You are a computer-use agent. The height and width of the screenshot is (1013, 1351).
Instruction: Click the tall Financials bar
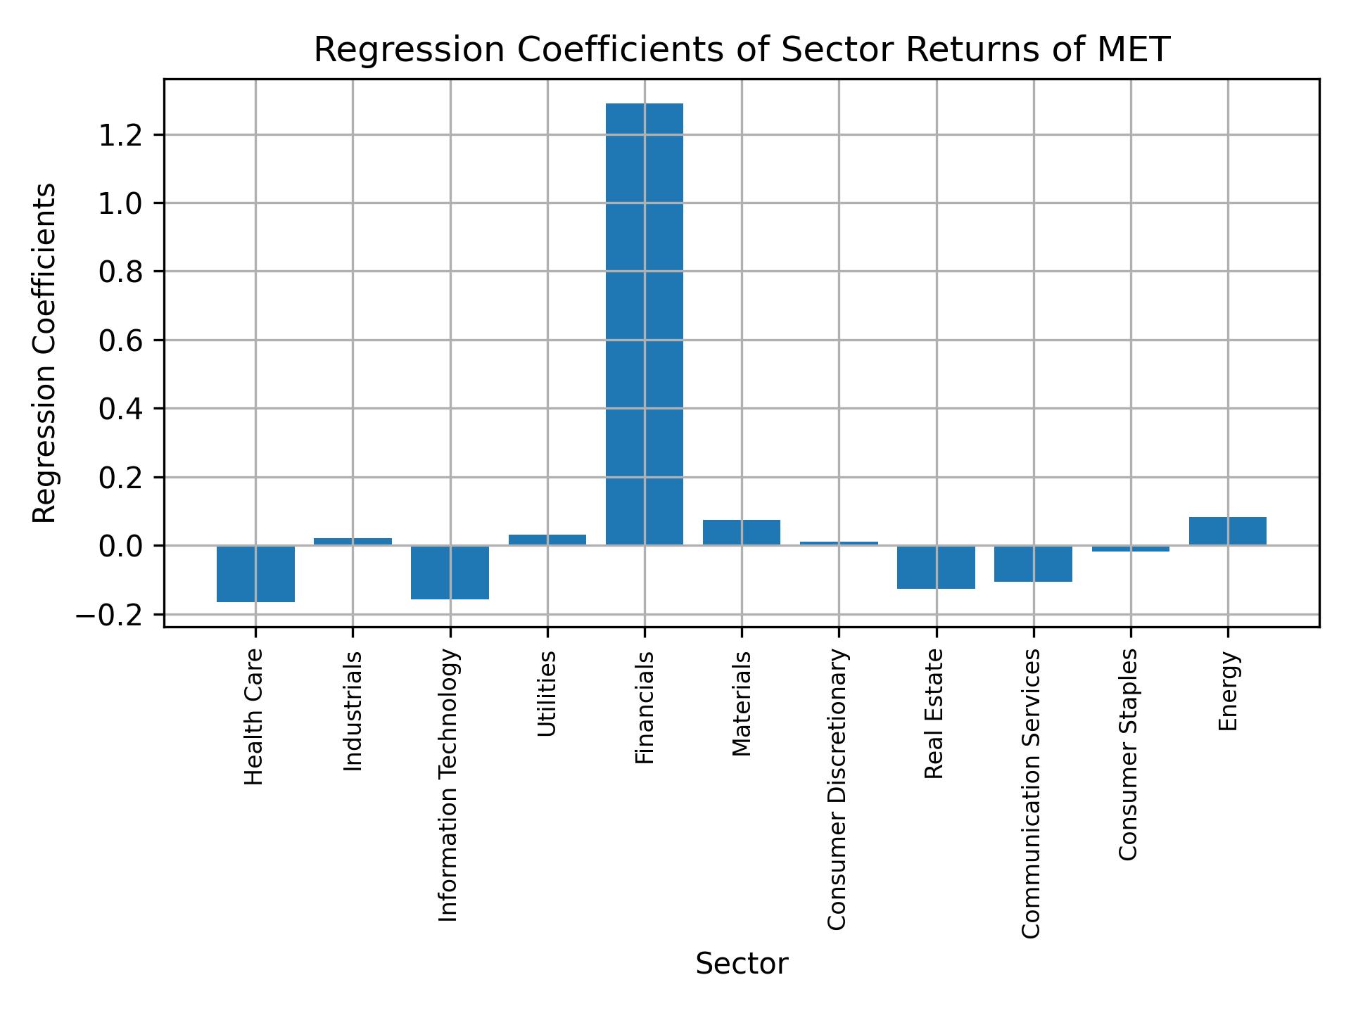coord(644,324)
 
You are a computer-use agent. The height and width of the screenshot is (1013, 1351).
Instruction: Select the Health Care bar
coord(255,573)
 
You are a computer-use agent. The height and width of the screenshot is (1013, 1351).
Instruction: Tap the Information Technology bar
coord(450,572)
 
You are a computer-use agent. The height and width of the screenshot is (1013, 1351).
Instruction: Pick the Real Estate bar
coord(936,567)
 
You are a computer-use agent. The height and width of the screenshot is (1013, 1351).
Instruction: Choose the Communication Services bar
coord(1033,563)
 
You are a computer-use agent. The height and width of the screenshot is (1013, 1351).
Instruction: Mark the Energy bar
coord(1227,531)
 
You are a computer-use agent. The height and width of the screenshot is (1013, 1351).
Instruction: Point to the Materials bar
coord(742,533)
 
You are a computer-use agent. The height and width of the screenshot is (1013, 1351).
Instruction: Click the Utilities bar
coord(547,540)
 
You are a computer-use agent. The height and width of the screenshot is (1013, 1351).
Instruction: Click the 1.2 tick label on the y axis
coord(121,135)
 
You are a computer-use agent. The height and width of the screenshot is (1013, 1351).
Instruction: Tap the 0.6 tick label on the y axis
coord(121,340)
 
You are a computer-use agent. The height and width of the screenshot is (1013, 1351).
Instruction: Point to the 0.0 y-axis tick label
coord(121,547)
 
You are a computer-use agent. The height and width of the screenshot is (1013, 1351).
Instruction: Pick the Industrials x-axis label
coord(353,711)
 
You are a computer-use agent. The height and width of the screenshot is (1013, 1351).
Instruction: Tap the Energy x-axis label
coord(1227,692)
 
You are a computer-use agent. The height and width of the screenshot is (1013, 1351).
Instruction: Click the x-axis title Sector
coord(742,964)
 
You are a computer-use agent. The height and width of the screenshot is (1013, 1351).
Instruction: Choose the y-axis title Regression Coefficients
coord(45,353)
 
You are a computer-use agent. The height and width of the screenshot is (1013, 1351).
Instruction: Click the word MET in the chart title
coord(1134,51)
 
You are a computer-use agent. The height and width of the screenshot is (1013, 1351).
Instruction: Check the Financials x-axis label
coord(645,708)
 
